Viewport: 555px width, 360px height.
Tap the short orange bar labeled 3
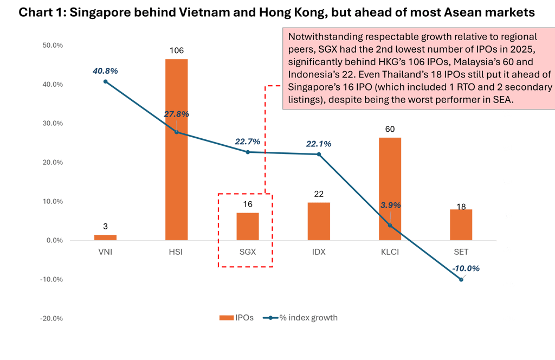(x=105, y=237)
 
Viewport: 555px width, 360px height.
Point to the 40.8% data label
(x=105, y=70)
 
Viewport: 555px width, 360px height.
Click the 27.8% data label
(x=176, y=114)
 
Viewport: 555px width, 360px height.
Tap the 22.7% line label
(x=247, y=142)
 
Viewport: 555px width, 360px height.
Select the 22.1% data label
(x=319, y=144)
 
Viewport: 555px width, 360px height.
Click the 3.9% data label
(x=390, y=205)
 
